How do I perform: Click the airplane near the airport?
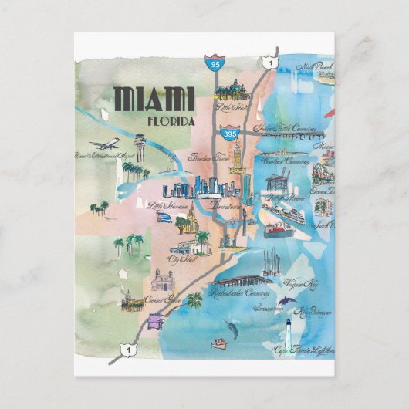tap(103, 144)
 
